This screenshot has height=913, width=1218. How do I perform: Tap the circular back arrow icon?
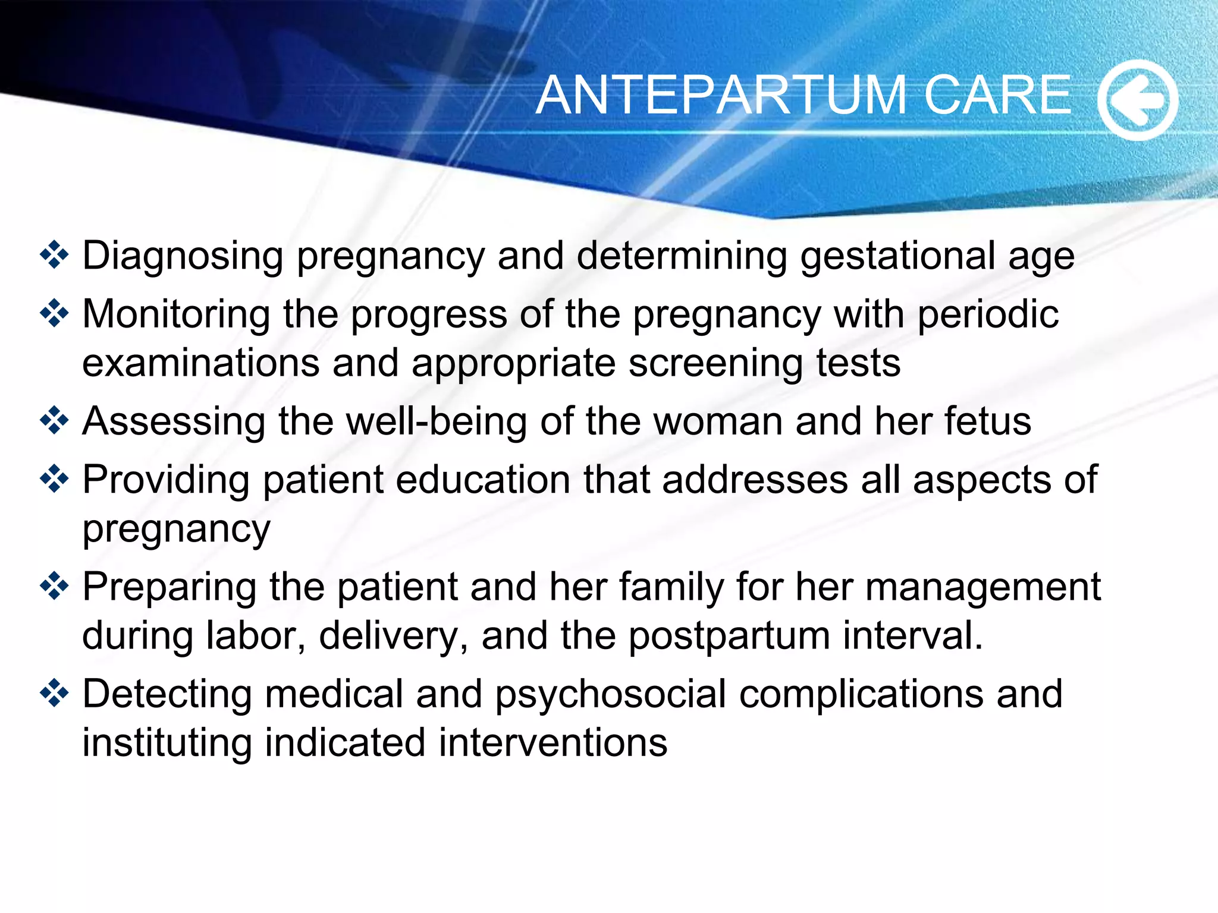click(x=1137, y=100)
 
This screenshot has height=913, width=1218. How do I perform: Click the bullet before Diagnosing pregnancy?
click(x=55, y=255)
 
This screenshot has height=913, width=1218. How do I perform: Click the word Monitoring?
click(x=176, y=315)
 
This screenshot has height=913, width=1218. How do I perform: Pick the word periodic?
click(x=988, y=315)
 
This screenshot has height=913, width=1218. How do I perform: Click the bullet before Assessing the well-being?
click(x=55, y=421)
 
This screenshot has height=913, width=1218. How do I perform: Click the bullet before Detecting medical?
click(x=55, y=693)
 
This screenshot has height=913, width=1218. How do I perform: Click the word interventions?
click(x=553, y=743)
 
